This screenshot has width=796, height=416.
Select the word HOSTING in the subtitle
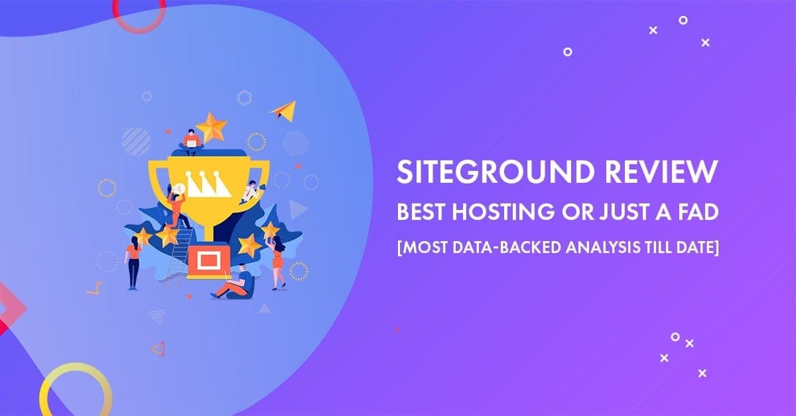tap(503, 212)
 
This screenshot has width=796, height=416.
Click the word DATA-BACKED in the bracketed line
tap(509, 247)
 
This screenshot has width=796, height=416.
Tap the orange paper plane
tap(283, 111)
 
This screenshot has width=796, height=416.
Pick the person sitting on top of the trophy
tap(192, 142)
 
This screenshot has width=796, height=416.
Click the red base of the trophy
tap(209, 260)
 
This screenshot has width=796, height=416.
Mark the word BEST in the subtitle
tap(421, 212)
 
